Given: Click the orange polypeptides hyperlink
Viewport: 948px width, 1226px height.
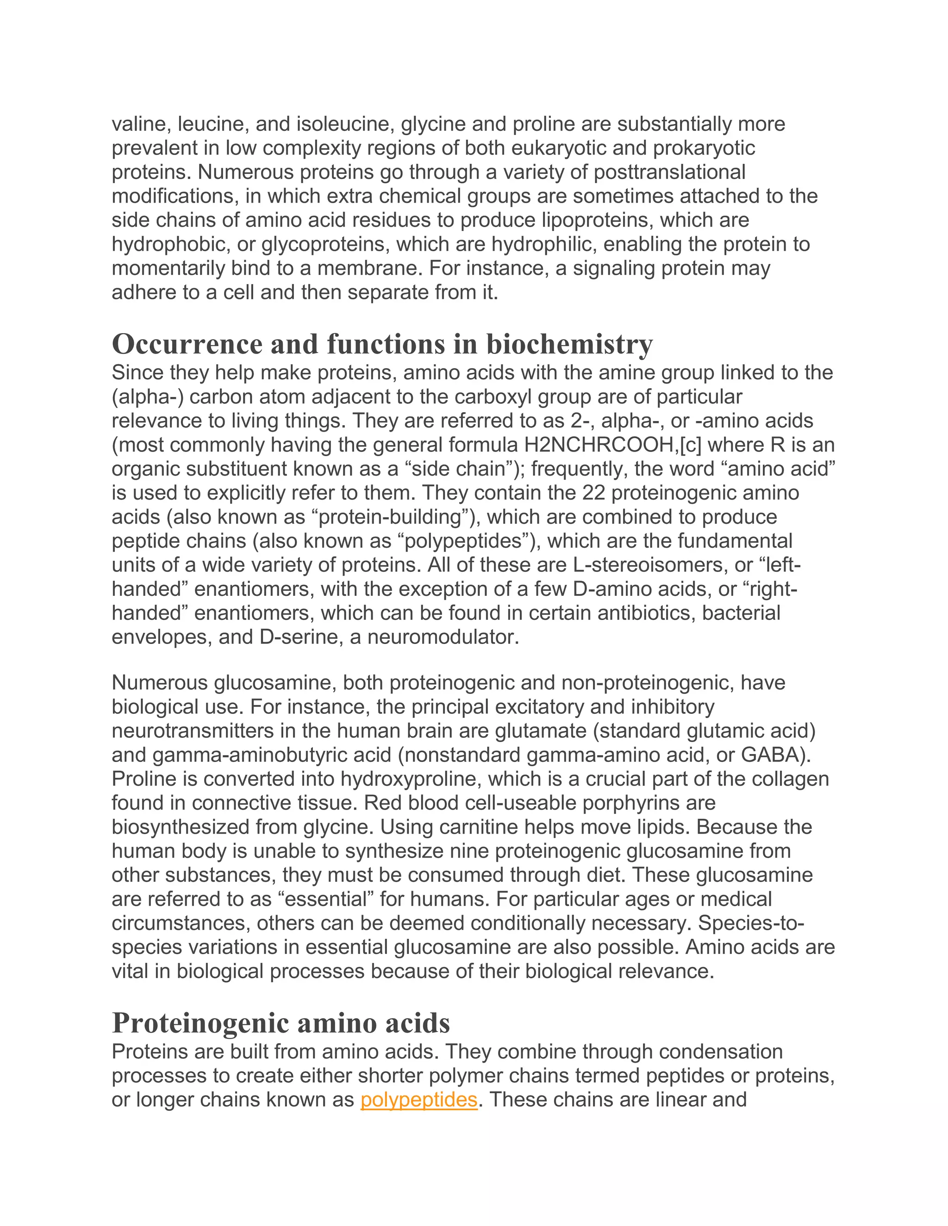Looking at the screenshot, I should coord(418,1099).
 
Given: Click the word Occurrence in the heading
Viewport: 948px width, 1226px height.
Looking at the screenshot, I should coord(187,344).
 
